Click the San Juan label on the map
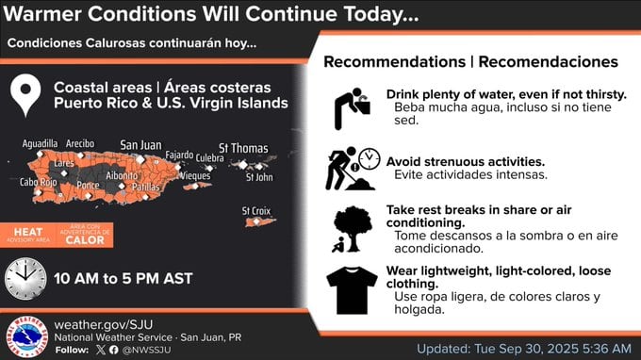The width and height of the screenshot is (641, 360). [x=140, y=145]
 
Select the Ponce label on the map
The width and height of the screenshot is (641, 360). [x=88, y=186]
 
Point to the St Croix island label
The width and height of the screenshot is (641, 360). [x=257, y=210]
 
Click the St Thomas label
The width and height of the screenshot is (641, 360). [x=242, y=148]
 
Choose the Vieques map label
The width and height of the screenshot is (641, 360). [x=194, y=175]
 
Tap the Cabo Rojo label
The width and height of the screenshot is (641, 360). [x=38, y=182]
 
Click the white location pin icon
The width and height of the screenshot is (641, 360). [x=27, y=93]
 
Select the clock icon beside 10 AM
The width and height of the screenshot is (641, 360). [x=25, y=278]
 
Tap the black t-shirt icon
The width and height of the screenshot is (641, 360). [x=351, y=289]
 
